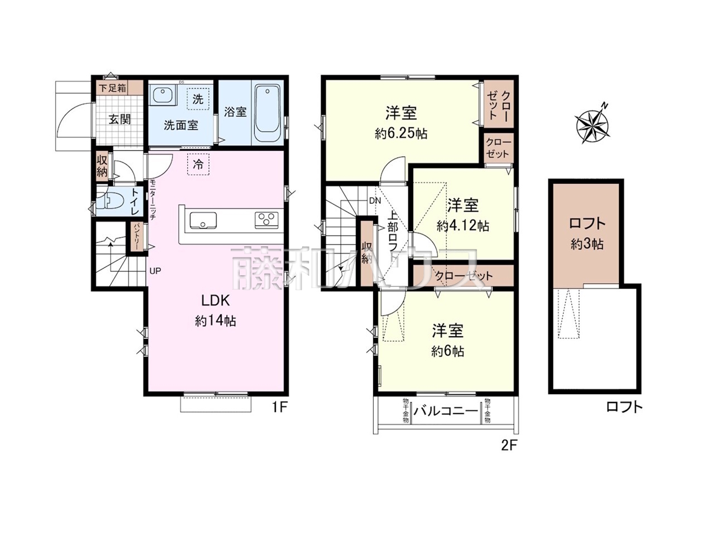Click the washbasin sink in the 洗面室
point(163,95)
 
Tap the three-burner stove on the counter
point(267,219)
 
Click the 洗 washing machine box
point(198,99)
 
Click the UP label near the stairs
point(155,271)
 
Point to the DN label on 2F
point(374,200)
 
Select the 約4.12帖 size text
point(463,226)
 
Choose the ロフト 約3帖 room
point(587,233)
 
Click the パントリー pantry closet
point(136,237)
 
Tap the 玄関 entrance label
point(119,119)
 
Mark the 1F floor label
point(279,407)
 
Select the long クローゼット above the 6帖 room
point(463,276)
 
